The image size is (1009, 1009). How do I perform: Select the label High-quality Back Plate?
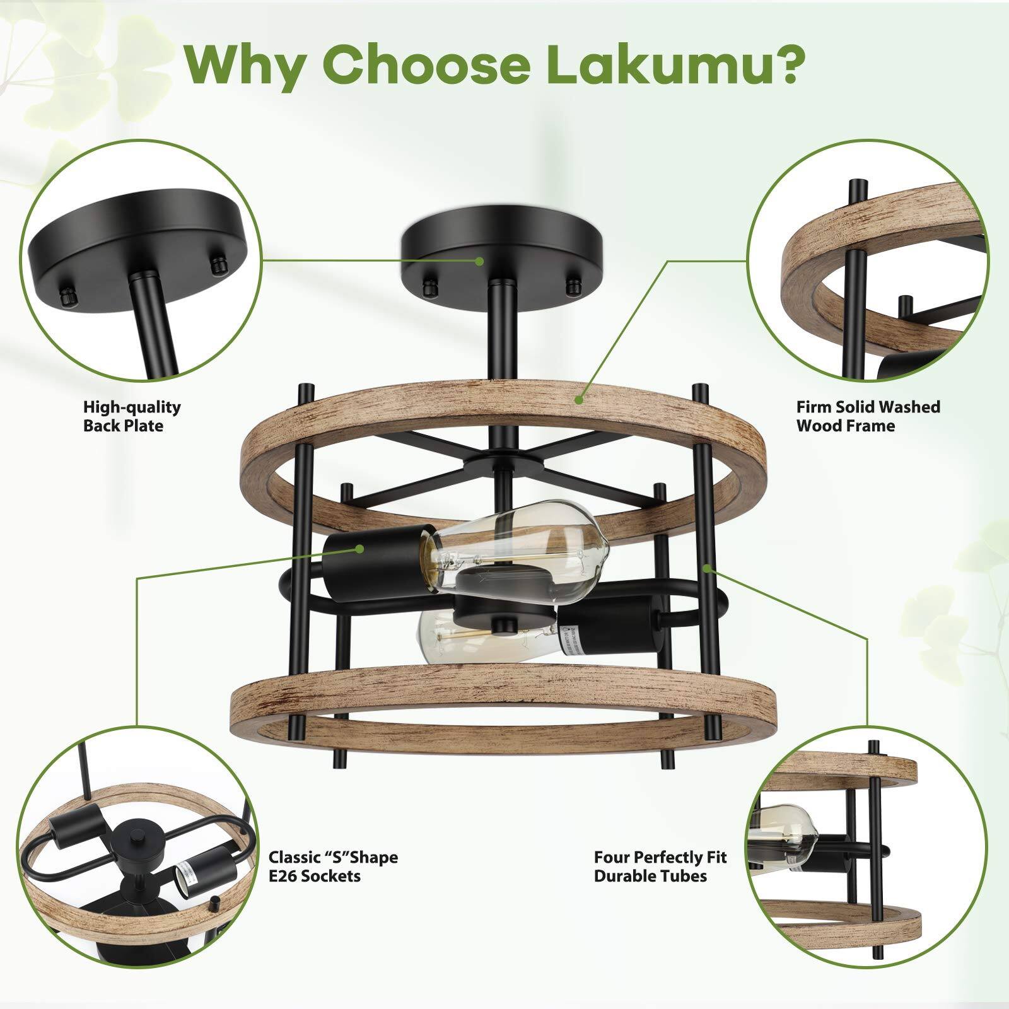tap(132, 416)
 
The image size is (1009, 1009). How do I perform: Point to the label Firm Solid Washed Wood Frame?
tap(868, 416)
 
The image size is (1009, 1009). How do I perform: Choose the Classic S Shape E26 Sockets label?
tap(333, 866)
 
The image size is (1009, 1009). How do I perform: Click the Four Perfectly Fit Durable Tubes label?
tap(660, 866)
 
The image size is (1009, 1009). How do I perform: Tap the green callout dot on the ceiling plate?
tap(480, 260)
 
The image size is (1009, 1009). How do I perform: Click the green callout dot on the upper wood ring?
tap(579, 399)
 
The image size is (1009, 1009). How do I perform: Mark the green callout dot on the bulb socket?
tap(359, 549)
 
